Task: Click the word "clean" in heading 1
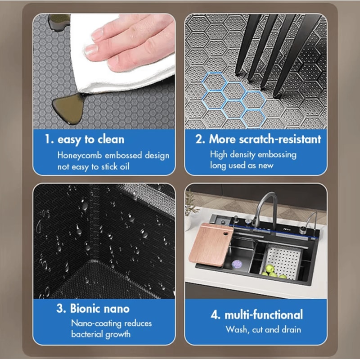tap(111, 139)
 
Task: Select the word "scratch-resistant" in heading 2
tap(280, 139)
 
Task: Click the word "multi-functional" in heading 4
tap(264, 315)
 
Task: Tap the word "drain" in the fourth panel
tap(291, 330)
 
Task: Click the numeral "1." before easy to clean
tap(49, 139)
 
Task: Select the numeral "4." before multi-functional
tap(216, 315)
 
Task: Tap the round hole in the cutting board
tap(226, 234)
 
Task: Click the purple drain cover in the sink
tap(236, 264)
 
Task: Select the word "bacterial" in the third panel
tap(87, 334)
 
